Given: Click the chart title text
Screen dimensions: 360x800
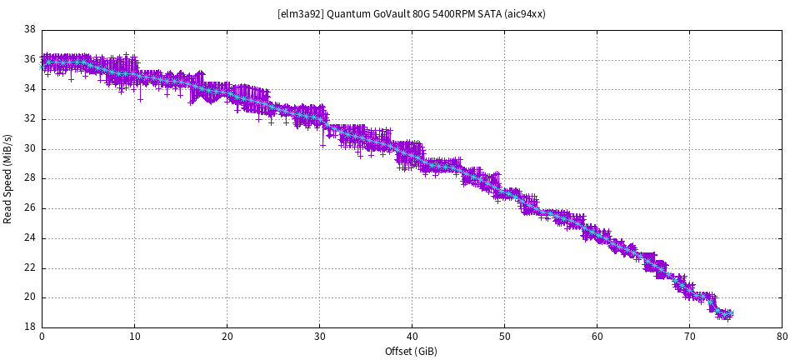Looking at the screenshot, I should [x=412, y=14].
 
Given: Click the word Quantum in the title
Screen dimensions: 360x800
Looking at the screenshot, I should [x=343, y=14].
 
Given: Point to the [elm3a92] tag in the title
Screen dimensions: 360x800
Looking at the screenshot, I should [x=299, y=14].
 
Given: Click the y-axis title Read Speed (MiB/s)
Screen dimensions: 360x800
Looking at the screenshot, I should [x=8, y=178].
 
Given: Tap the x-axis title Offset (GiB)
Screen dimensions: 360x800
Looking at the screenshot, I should [x=412, y=351].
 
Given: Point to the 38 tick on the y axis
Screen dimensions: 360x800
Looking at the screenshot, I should [x=30, y=30].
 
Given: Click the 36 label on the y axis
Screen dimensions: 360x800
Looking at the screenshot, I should [x=30, y=60].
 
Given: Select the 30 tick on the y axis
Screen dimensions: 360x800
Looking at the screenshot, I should [x=30, y=149].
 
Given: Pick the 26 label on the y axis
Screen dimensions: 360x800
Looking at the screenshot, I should [x=30, y=208].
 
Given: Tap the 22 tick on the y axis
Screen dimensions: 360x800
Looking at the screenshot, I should [x=30, y=267].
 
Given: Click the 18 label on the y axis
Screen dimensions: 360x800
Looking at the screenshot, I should [x=30, y=327].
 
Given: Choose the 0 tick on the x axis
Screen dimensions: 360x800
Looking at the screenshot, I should [x=42, y=337].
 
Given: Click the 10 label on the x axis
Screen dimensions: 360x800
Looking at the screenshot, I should [x=134, y=337].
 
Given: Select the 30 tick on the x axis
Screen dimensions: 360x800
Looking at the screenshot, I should [x=319, y=337].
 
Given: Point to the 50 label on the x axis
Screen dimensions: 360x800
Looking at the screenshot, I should [x=504, y=337].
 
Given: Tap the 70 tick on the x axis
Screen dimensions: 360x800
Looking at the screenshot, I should [x=689, y=337].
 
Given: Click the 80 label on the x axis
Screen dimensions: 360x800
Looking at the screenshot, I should [x=782, y=337].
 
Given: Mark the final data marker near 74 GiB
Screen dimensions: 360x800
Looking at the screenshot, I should [x=730, y=313].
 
